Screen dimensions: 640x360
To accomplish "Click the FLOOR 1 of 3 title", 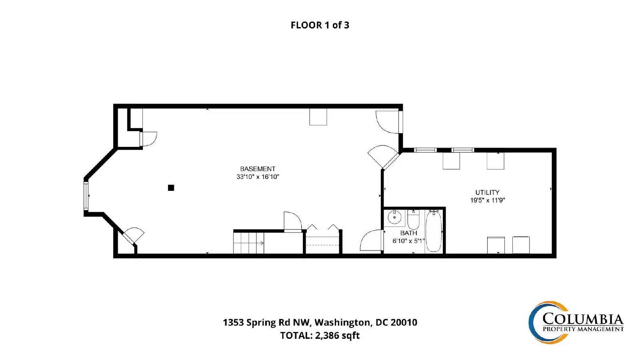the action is click(320, 25).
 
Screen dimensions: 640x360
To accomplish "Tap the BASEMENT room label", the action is click(258, 169).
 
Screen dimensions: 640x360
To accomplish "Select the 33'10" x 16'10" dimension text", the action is click(258, 177).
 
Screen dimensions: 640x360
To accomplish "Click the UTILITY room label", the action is click(488, 192).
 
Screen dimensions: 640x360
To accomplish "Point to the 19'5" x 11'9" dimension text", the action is click(488, 200).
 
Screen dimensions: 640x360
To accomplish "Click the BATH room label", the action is click(408, 233).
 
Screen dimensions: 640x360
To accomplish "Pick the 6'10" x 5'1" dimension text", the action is click(408, 241).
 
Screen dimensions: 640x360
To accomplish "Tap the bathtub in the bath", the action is click(434, 231).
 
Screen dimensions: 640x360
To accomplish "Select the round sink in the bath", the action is click(394, 218).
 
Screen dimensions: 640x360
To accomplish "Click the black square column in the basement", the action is click(171, 188).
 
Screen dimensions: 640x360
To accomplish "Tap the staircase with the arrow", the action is click(248, 243).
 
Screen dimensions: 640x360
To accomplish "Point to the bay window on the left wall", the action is click(86, 196).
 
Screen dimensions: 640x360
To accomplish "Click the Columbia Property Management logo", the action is click(576, 322).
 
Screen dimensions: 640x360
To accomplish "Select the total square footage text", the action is click(320, 335).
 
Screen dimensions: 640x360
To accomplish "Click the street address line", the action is click(320, 322).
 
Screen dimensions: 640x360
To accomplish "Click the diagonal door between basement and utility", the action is click(383, 156).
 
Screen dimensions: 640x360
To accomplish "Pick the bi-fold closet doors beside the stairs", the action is click(322, 228).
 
